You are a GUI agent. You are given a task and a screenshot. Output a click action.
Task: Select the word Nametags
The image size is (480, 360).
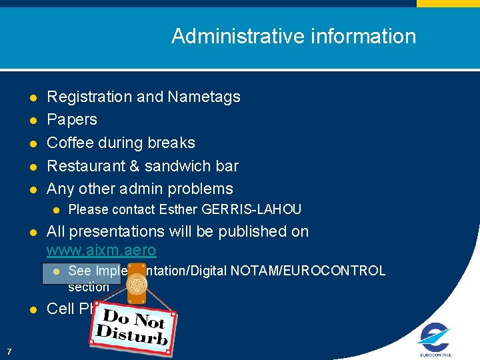coord(204,97)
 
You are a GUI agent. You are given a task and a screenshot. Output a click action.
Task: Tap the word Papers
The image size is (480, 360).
coord(72,120)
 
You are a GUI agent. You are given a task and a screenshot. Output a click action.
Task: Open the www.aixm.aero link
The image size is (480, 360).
coord(101,251)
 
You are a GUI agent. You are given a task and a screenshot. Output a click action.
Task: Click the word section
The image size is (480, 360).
coord(88,287)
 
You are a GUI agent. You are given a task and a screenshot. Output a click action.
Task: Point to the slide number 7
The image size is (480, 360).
coord(8,351)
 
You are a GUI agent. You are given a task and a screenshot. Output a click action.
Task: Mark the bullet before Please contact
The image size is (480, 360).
coord(56,210)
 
